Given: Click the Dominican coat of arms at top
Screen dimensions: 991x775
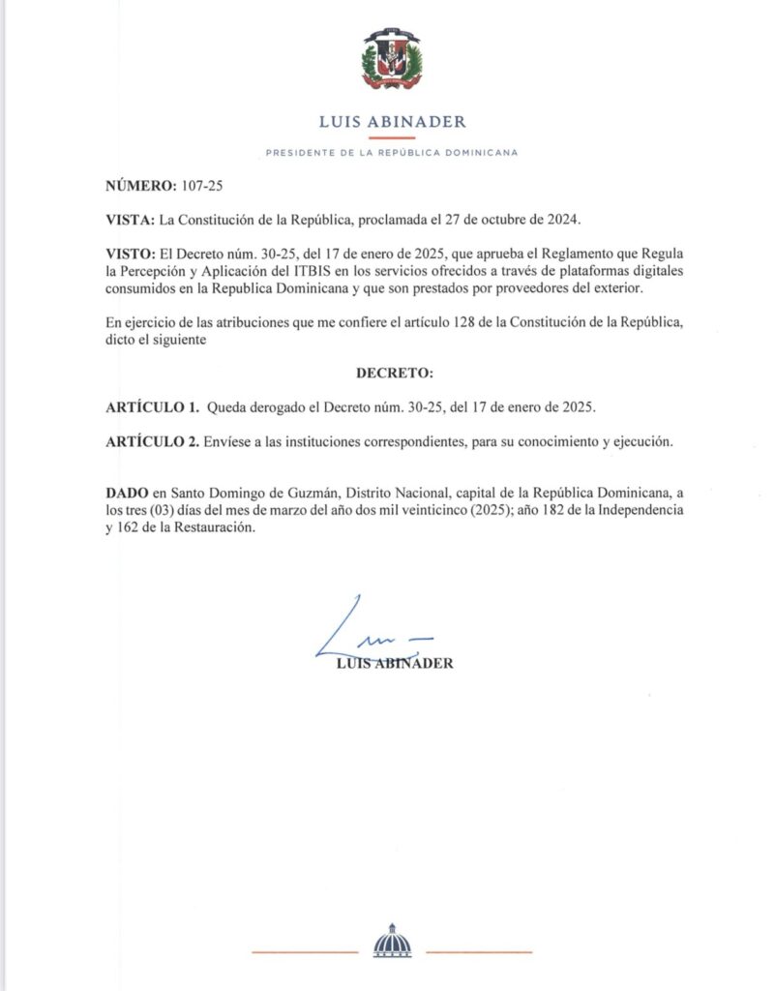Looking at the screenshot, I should click(x=392, y=59).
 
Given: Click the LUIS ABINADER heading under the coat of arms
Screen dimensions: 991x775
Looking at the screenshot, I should click(x=392, y=122).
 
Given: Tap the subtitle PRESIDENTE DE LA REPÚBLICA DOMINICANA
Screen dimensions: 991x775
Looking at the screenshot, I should click(x=392, y=153).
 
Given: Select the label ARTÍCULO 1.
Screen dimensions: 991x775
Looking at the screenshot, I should click(x=154, y=406).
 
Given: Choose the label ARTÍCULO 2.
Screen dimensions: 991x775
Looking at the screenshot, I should click(x=154, y=441).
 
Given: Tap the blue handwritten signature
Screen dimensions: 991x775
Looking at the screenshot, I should click(x=373, y=634).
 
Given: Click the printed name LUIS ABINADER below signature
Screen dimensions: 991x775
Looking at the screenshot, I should click(x=393, y=664).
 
